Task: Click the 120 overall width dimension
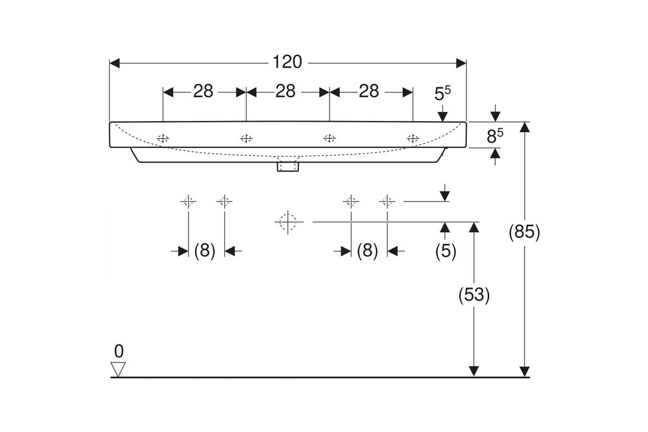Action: [x=287, y=62]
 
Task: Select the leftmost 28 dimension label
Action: [x=203, y=91]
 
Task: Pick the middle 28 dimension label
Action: [x=286, y=91]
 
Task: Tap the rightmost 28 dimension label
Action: [x=369, y=91]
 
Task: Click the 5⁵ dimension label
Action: [x=443, y=94]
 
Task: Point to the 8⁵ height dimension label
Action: [x=495, y=136]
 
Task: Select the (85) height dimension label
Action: [x=524, y=232]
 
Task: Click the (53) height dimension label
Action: [x=474, y=295]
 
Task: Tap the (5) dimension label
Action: [x=446, y=251]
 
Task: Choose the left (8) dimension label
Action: [x=205, y=251]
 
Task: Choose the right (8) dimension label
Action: [x=367, y=251]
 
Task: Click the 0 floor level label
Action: [x=119, y=351]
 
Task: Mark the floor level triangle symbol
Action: [x=118, y=369]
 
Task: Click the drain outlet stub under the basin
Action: [x=288, y=167]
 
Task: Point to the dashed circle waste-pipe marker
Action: [x=288, y=222]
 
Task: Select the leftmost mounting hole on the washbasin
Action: [x=163, y=139]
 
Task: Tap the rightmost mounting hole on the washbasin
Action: [x=413, y=139]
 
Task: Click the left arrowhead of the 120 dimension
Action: [x=114, y=63]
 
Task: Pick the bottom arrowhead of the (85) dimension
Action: [x=524, y=372]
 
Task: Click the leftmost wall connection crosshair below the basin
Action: [x=188, y=201]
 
